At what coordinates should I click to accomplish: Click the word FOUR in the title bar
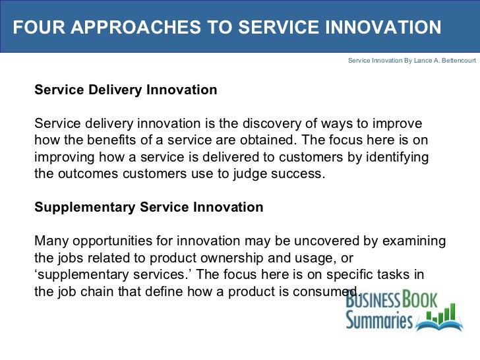[x=34, y=28]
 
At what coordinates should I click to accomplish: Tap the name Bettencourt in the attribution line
[x=454, y=60]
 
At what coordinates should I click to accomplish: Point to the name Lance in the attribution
[x=413, y=60]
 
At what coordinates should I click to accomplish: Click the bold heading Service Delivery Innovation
[x=125, y=90]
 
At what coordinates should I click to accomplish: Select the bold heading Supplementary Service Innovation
[x=148, y=207]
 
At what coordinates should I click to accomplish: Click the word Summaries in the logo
[x=380, y=321]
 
